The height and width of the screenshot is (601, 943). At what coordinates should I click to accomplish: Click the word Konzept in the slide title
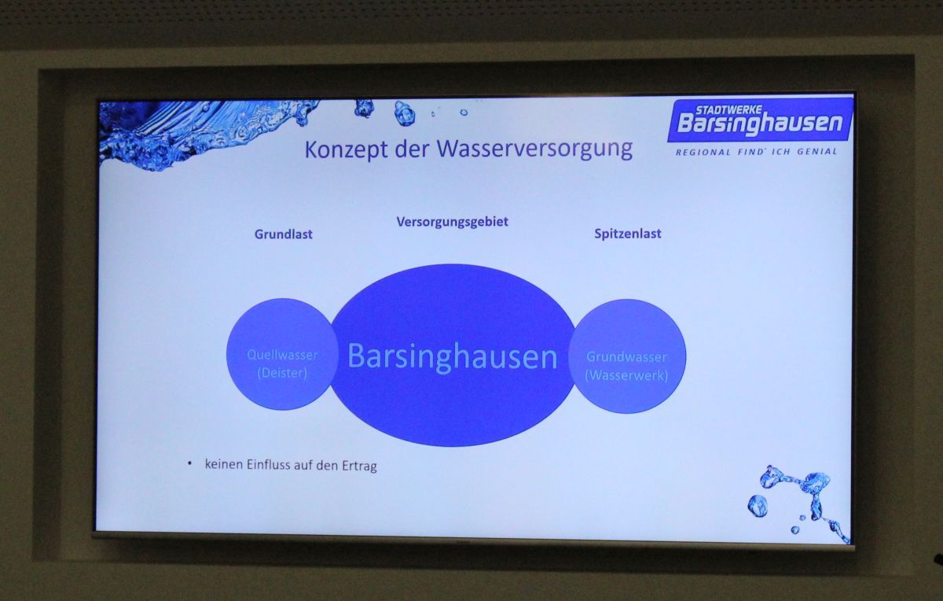pos(346,149)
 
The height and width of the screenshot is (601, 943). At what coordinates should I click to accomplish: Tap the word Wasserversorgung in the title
pos(534,149)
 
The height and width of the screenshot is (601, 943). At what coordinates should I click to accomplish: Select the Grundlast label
pos(284,234)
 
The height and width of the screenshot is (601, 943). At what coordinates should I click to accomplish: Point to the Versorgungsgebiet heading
pos(452,222)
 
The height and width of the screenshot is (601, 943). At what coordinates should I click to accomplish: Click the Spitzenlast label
pos(628,234)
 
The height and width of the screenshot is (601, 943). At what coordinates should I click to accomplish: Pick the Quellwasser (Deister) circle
pos(282,354)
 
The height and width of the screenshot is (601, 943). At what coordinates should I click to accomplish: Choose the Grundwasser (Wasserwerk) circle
pos(627,356)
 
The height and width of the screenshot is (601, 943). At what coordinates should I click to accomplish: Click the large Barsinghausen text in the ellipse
pos(453,357)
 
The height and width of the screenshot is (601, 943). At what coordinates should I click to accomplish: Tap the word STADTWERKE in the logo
pos(728,110)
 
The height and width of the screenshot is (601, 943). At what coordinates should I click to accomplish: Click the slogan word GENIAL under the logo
pos(817,152)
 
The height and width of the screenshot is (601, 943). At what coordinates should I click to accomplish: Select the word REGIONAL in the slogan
pos(703,152)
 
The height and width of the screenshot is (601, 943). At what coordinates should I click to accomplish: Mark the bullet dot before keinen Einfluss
pos(190,463)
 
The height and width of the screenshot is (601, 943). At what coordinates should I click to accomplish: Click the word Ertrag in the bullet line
pos(359,466)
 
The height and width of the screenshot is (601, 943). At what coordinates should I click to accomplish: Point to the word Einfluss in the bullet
pos(268,464)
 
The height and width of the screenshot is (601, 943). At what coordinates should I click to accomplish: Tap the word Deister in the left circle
pos(282,373)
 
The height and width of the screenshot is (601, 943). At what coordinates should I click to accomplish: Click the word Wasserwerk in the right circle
pos(626,375)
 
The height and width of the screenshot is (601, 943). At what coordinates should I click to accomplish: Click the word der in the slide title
pos(412,149)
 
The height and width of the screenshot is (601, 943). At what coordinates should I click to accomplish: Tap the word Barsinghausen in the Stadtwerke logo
pos(761,124)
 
